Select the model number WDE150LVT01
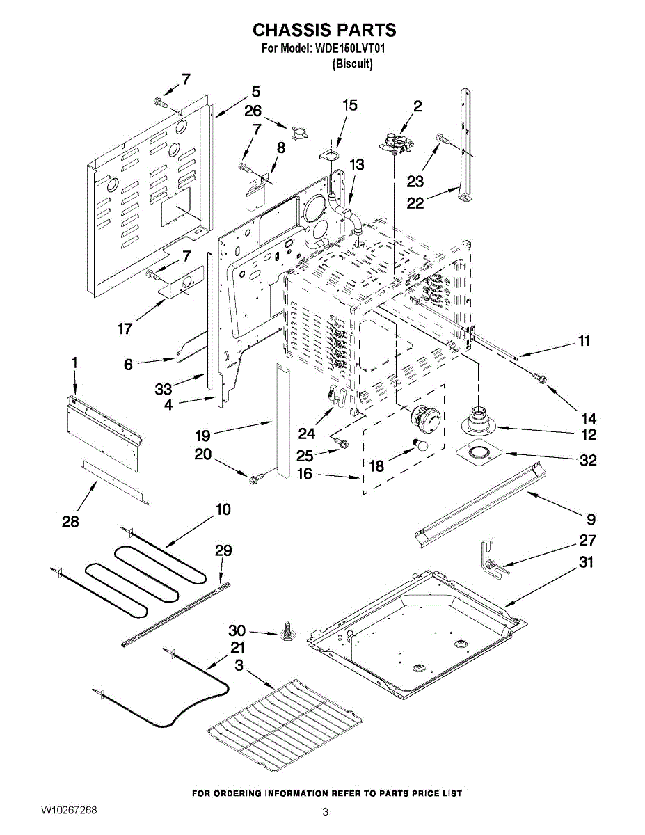(x=349, y=49)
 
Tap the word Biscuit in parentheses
(x=352, y=64)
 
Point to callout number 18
(x=376, y=466)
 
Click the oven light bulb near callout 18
(x=420, y=445)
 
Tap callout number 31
(x=587, y=562)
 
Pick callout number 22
(x=415, y=203)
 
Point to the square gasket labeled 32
(x=479, y=454)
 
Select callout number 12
(x=589, y=435)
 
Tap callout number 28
(x=70, y=521)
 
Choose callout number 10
(x=223, y=509)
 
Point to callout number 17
(x=125, y=329)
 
